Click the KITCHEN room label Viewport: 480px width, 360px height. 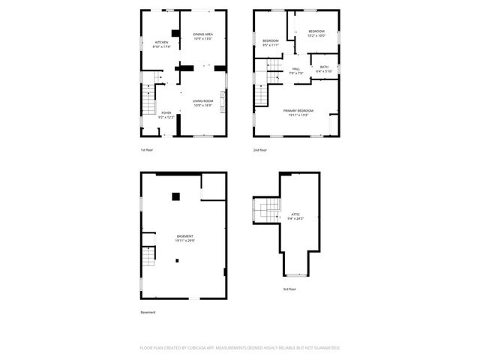coord(161,42)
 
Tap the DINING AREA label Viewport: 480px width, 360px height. coord(202,34)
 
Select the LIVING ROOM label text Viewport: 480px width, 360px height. coord(202,101)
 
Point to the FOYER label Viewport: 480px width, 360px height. coord(166,113)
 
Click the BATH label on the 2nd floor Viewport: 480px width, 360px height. coord(324,67)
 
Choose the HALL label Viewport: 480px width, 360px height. coord(296,69)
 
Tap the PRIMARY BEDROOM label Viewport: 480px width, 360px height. coord(298,110)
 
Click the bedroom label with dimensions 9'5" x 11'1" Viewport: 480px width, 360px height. coord(270,40)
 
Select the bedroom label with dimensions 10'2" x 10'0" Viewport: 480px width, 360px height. coord(316,31)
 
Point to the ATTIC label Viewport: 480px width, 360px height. coord(295,214)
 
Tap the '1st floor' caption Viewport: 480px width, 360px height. coord(147,151)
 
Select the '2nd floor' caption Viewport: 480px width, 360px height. coord(259,151)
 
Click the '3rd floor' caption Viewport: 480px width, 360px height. coord(289,289)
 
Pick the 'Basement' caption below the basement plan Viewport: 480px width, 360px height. coord(148,312)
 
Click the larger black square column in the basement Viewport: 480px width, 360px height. coord(175,196)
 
